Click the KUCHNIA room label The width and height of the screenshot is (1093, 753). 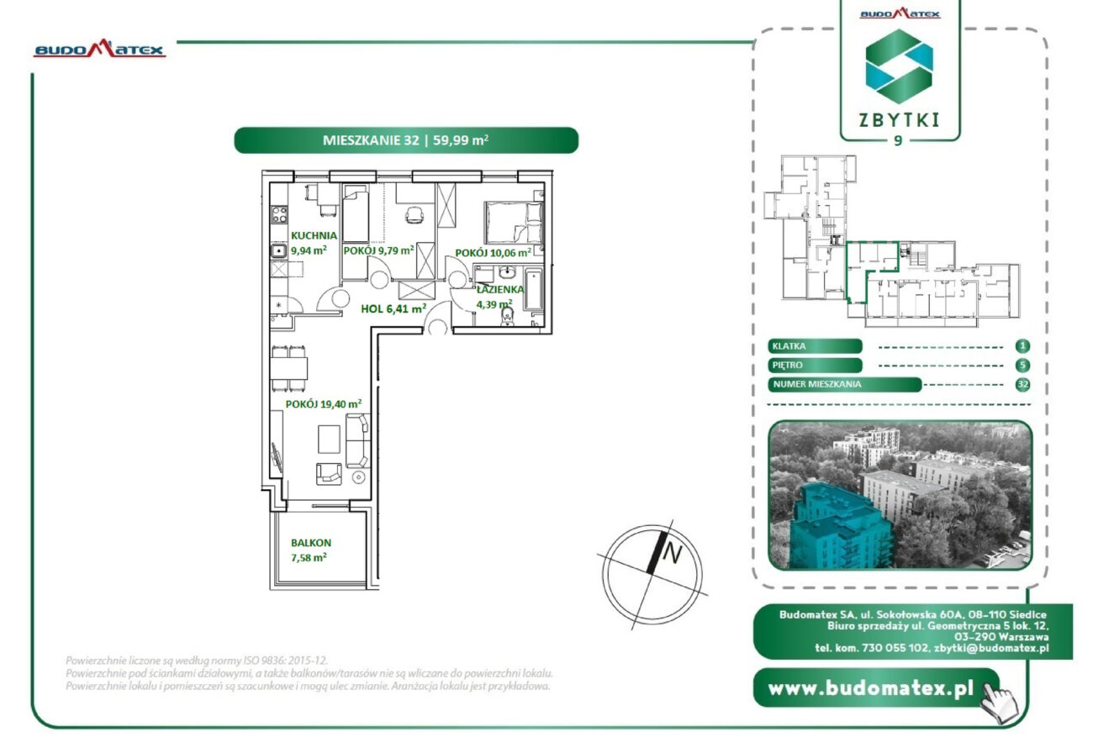click(314, 235)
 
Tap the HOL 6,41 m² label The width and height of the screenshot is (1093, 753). click(393, 308)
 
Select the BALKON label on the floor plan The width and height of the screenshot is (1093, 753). click(311, 543)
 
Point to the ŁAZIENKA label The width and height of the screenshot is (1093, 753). click(500, 289)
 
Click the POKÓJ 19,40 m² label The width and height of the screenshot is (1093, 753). click(324, 403)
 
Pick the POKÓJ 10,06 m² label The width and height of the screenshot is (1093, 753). click(493, 253)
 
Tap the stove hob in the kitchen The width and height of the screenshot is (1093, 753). click(279, 214)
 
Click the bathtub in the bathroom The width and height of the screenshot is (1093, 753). click(533, 290)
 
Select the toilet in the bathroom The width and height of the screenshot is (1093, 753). click(508, 316)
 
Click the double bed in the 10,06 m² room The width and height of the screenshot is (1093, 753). click(514, 223)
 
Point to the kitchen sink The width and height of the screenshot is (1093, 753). click(278, 251)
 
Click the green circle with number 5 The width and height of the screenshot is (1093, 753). click(1022, 366)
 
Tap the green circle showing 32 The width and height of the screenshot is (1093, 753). click(1022, 384)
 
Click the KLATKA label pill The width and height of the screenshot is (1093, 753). click(815, 346)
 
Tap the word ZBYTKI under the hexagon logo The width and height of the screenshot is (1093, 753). click(899, 120)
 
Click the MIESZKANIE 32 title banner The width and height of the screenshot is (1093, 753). click(406, 140)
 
